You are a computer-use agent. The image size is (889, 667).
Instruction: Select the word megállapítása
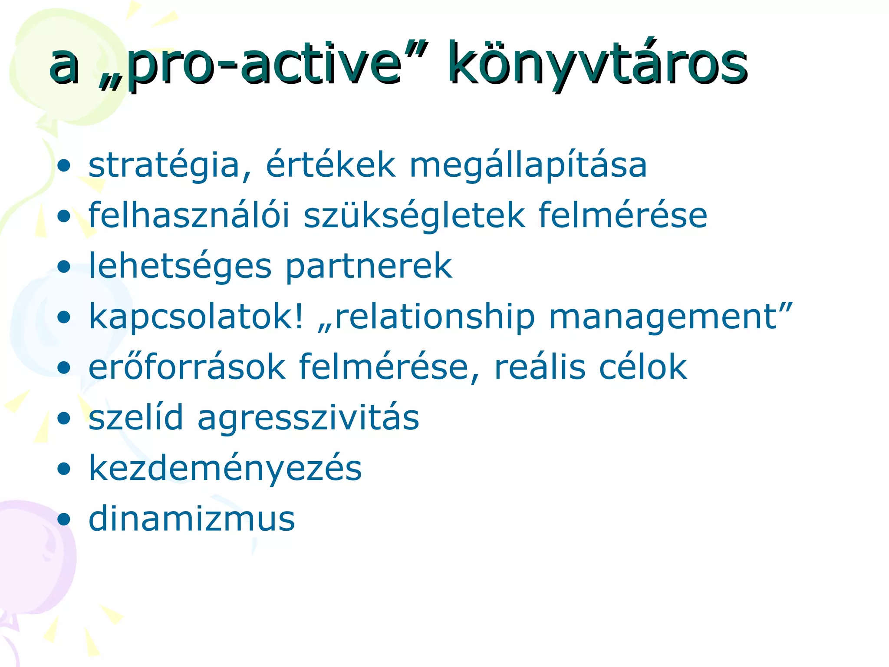coord(528,166)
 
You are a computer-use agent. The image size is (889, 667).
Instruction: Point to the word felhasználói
coord(189,215)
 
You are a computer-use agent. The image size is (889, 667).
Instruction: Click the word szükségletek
coord(414,216)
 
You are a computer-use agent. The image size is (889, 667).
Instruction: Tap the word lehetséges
coord(180,267)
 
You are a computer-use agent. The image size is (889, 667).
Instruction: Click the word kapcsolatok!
coord(196,317)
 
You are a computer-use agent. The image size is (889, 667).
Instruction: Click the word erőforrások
coord(187,367)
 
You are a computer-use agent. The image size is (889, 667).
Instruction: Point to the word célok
coord(643,367)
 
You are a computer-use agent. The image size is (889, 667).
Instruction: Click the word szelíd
coord(136,418)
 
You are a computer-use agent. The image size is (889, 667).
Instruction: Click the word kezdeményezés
coord(225,469)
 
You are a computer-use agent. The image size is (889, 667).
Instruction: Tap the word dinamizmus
coord(191,518)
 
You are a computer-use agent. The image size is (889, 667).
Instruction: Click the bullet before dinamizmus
coord(64,519)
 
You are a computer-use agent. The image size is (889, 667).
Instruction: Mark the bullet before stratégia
coord(64,166)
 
